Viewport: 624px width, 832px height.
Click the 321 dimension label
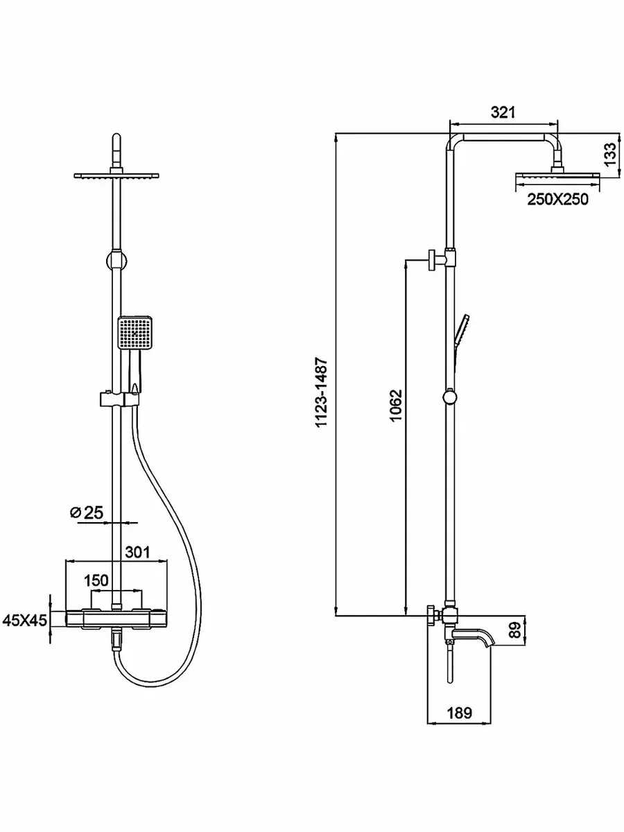pos(503,112)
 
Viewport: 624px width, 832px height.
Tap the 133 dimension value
pos(610,155)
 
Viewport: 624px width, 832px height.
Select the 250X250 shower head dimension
pos(558,199)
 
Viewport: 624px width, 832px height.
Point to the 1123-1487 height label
pos(322,392)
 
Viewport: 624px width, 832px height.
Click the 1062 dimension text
pos(395,406)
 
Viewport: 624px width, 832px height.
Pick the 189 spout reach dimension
pos(460,713)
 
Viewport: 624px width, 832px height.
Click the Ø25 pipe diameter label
pos(87,512)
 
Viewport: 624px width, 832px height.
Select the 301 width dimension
pos(137,553)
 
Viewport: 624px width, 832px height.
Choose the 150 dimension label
pos(96,580)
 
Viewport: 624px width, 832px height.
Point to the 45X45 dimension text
pos(25,620)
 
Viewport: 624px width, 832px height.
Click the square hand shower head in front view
pos(135,333)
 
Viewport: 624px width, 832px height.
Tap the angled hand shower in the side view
pos(460,338)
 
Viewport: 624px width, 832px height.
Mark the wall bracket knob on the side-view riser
pos(433,261)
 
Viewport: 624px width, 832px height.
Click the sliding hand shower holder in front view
pos(118,399)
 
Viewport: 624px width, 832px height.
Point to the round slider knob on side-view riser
pos(450,397)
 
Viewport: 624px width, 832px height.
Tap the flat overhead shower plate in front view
pos(116,175)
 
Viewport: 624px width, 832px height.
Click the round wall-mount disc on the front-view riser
pos(116,261)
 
